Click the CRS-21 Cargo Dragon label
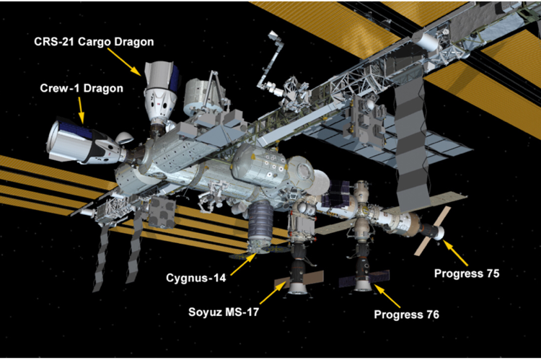coord(94,42)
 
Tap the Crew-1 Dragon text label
coord(82,89)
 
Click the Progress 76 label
coord(407,315)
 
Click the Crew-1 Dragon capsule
coord(81,142)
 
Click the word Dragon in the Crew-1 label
coord(103,89)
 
